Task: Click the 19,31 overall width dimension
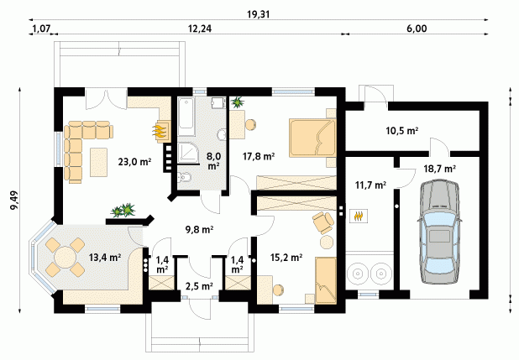pos(258,14)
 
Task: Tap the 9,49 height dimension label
pos(14,201)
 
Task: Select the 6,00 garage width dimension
pos(417,29)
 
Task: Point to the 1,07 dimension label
pos(41,29)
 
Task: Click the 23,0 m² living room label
pos(134,162)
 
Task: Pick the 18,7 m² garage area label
pos(439,169)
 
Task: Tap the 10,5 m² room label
pos(401,131)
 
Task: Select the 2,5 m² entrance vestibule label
pos(199,286)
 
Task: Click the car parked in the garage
pos(439,232)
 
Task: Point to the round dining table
pos(65,258)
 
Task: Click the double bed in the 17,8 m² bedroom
pos(312,138)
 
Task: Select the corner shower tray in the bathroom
pos(188,154)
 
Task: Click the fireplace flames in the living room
pos(160,131)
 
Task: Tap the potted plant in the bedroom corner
pos(237,102)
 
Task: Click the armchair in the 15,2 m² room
pos(323,222)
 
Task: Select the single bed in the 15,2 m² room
pos(326,280)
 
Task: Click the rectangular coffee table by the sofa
pos(98,162)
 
